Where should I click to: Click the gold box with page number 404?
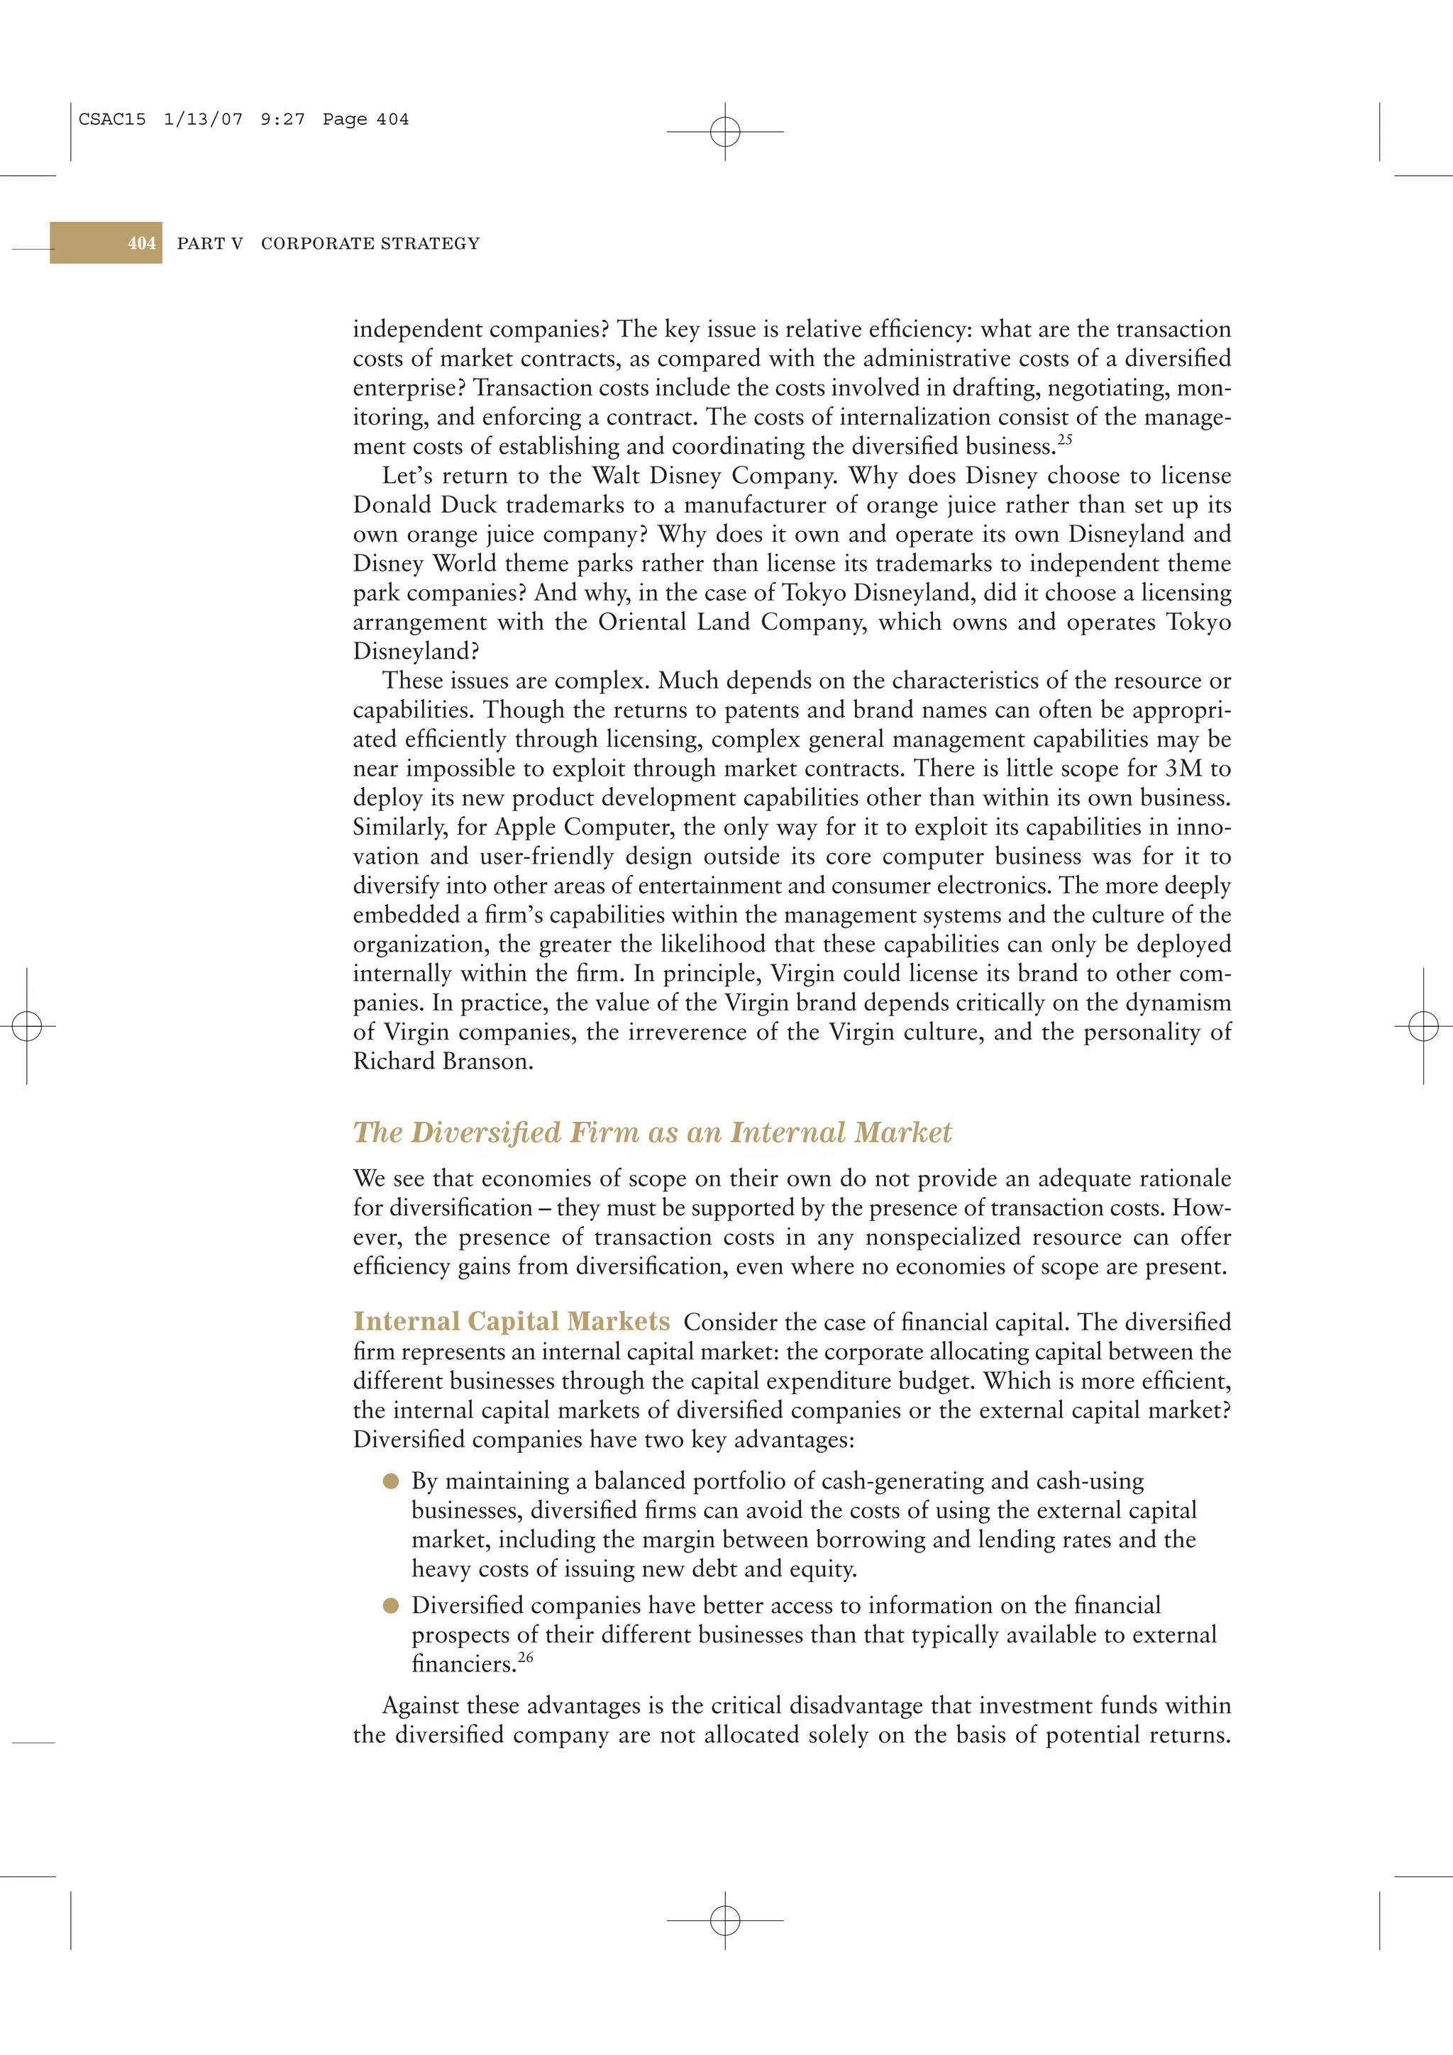(x=106, y=243)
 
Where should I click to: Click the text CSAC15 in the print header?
(x=112, y=119)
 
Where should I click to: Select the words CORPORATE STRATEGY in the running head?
(x=370, y=243)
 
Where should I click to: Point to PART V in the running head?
(x=209, y=243)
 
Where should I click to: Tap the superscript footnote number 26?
(x=526, y=1658)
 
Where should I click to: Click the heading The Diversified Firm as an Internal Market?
(x=652, y=1132)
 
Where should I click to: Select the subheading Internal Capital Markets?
(x=512, y=1321)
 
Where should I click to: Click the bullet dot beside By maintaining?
(x=390, y=1481)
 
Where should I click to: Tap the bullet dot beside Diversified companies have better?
(x=390, y=1605)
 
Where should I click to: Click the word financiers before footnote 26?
(x=463, y=1665)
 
